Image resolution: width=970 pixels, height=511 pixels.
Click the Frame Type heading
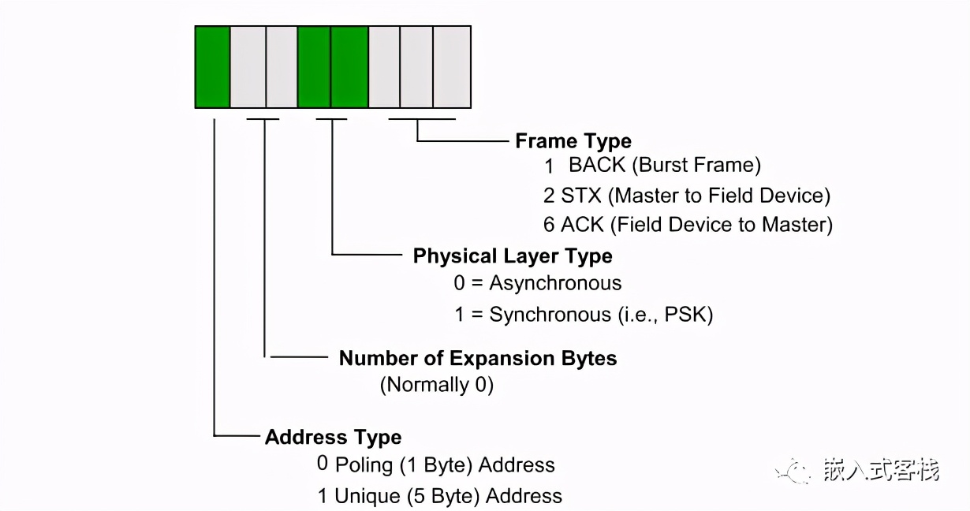(x=573, y=141)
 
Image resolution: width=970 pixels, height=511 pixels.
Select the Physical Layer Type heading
(x=513, y=256)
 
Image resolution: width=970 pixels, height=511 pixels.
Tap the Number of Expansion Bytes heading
(x=478, y=358)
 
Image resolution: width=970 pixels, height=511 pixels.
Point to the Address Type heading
(x=333, y=437)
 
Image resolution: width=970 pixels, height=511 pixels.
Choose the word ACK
(x=581, y=224)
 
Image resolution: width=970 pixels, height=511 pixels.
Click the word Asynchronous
(x=555, y=283)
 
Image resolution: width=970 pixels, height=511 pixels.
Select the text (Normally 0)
(x=437, y=385)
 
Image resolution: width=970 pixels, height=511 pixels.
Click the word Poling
(x=364, y=464)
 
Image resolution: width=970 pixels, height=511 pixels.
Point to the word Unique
(x=367, y=496)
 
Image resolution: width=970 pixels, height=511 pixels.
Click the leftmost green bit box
(x=212, y=66)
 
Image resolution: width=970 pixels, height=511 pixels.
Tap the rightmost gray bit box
(x=452, y=66)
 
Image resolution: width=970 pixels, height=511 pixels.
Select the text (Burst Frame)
(x=699, y=166)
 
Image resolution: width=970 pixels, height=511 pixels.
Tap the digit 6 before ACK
(x=549, y=224)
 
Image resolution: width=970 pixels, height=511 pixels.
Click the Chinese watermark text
(x=882, y=471)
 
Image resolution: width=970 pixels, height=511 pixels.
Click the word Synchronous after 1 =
(x=550, y=315)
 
